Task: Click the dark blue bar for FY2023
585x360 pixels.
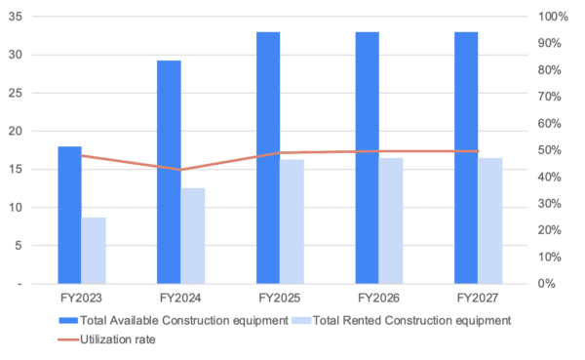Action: (x=69, y=215)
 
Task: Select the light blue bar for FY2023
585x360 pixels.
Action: (x=94, y=251)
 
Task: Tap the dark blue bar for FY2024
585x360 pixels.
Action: (x=169, y=172)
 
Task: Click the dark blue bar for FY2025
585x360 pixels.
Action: (x=268, y=158)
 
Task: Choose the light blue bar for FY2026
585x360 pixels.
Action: (x=391, y=220)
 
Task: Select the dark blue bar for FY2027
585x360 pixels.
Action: (x=466, y=158)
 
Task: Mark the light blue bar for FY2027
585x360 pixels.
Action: (x=490, y=220)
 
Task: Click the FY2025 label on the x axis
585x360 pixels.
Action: (x=280, y=296)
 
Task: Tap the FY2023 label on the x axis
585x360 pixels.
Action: (x=82, y=296)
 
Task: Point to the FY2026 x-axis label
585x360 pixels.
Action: (x=379, y=296)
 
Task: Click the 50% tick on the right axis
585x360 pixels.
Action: (x=550, y=150)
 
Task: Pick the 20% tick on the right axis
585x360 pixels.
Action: (x=550, y=230)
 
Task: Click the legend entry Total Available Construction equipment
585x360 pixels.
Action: (x=185, y=320)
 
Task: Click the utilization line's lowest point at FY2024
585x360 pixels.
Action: (x=180, y=170)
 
